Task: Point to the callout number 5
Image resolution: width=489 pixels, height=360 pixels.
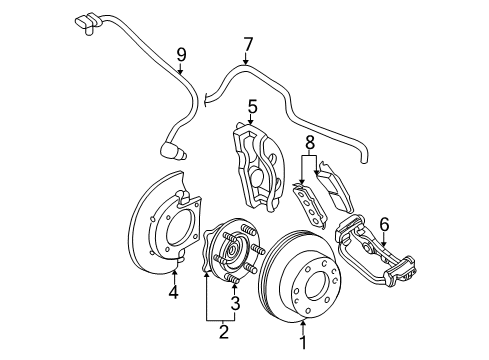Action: [253, 104]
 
